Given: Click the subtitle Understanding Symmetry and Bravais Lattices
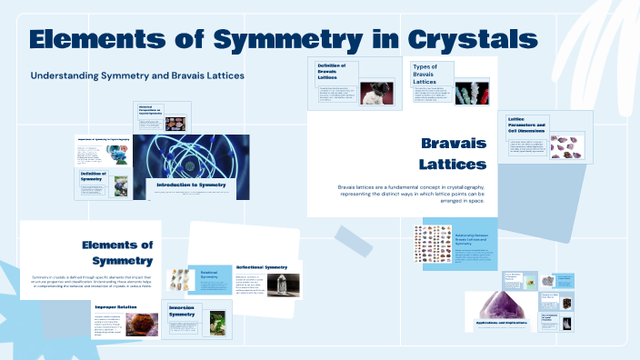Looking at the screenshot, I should pyautogui.click(x=137, y=75).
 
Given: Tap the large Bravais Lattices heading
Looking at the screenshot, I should pyautogui.click(x=452, y=154).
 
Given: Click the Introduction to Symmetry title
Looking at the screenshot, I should pyautogui.click(x=191, y=185).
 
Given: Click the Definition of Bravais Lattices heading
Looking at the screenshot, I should pyautogui.click(x=335, y=69).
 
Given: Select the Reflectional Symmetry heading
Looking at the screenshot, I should pyautogui.click(x=262, y=267).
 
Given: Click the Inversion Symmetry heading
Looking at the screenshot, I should pyautogui.click(x=188, y=311).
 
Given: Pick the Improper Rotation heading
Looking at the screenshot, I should pyautogui.click(x=115, y=307).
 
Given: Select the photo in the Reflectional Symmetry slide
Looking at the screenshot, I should pyautogui.click(x=285, y=285).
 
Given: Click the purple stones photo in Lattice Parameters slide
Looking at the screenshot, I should pyautogui.click(x=569, y=144).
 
